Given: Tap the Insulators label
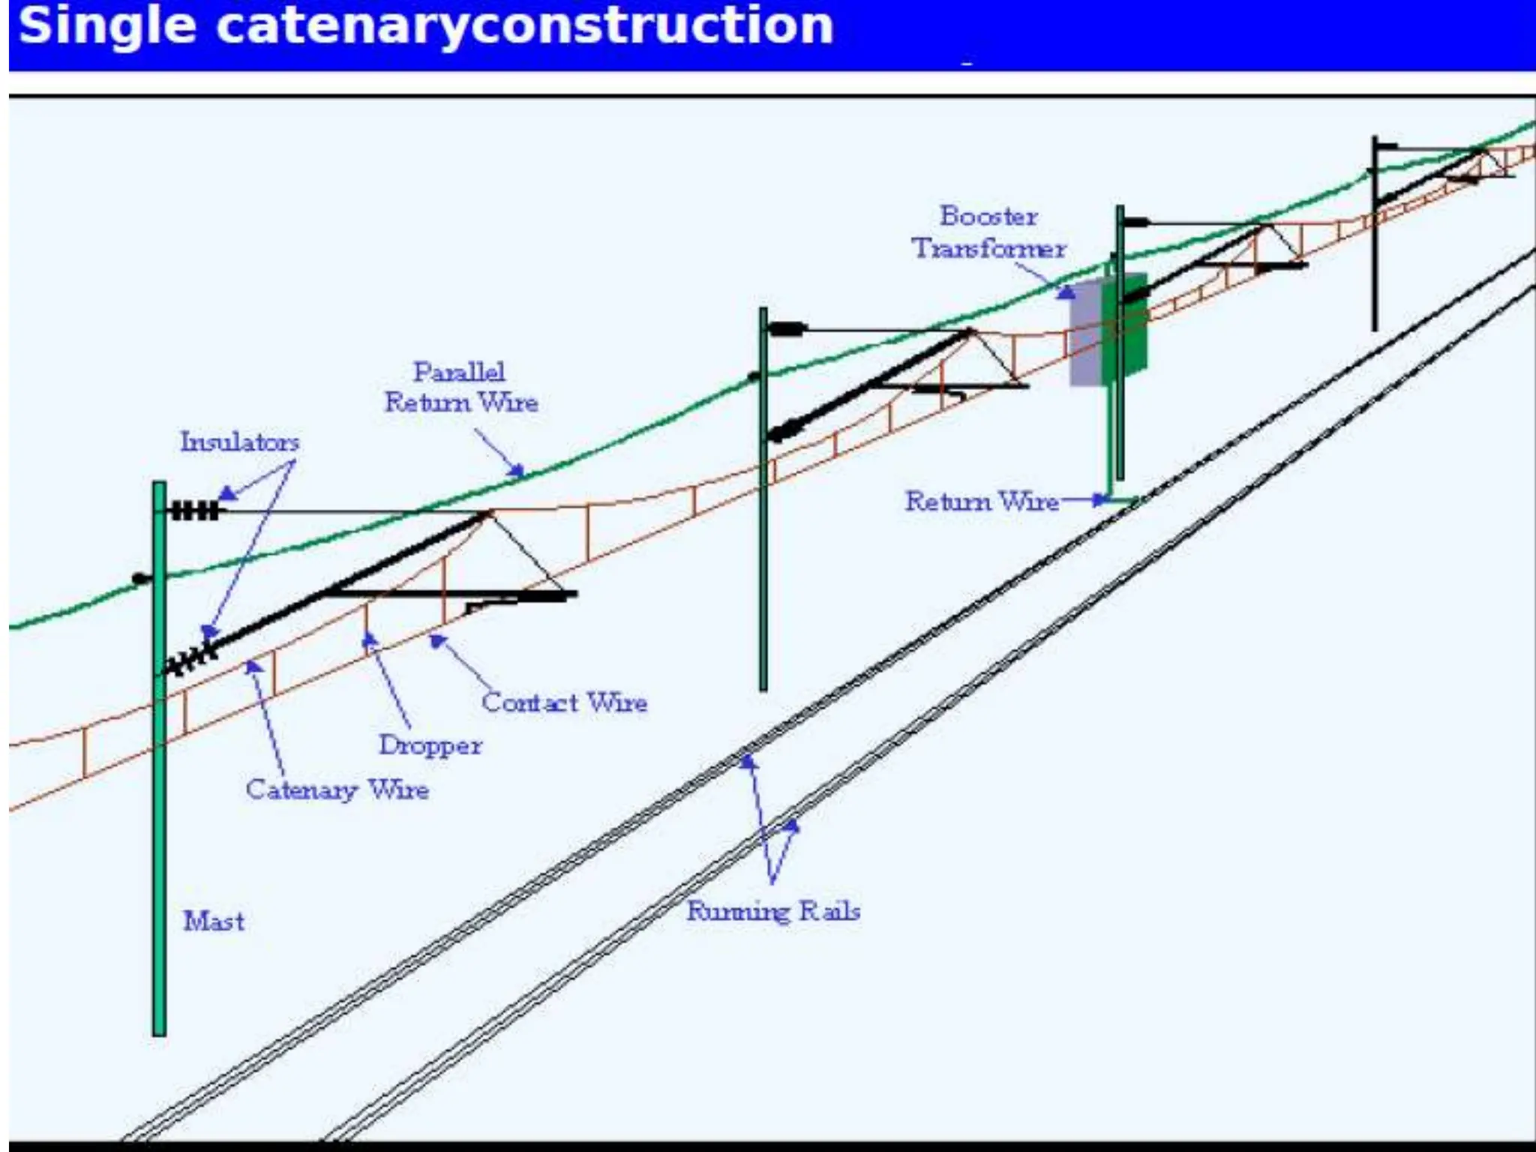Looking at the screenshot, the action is point(239,442).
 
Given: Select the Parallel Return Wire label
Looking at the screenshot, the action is point(460,387).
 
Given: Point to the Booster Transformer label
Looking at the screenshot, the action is point(988,232).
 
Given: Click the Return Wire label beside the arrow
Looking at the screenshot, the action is point(981,501).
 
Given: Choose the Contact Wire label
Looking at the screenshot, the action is point(564,703).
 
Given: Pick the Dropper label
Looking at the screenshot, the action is point(430,745).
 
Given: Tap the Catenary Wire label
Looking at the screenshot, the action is point(337,789).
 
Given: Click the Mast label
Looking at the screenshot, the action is point(214,921).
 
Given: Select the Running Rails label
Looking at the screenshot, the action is point(773,911).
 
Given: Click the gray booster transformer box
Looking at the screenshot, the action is point(1086,334).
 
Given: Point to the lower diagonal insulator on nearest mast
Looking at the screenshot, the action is point(190,659).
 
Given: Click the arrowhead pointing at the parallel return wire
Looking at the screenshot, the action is point(517,471).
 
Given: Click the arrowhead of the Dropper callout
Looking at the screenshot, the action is point(369,640).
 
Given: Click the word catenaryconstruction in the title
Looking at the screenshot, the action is point(524,25).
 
